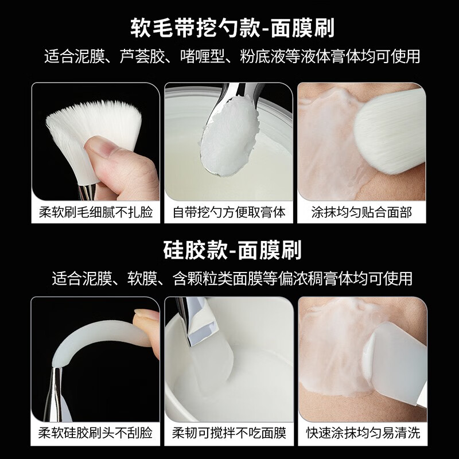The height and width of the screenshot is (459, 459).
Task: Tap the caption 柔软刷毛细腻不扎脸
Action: coord(95,212)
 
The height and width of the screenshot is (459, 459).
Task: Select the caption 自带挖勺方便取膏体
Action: coord(229,212)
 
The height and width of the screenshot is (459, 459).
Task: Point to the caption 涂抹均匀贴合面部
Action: coord(361,212)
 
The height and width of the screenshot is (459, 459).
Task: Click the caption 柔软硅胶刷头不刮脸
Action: coord(95,433)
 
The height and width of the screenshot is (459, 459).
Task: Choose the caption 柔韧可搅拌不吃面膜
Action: coord(229,433)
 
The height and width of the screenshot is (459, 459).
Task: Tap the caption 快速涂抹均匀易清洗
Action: coord(361,433)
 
